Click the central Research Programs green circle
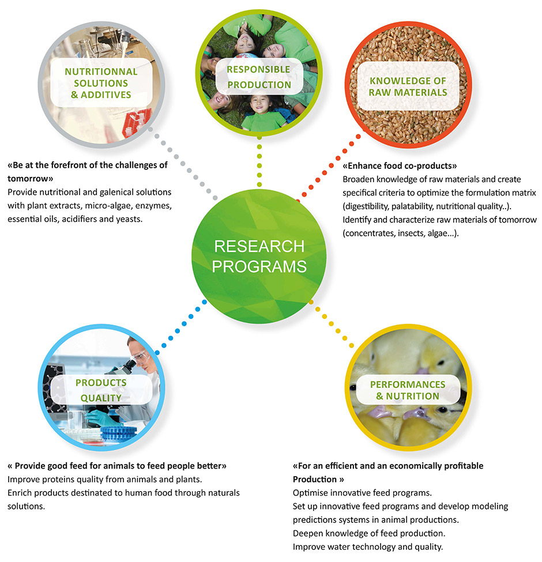pos(259,257)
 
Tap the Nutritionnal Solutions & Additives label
pos(101,83)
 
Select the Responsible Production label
pos(259,77)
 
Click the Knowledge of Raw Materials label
pos(408,86)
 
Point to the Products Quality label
pos(101,390)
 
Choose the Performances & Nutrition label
pos(408,390)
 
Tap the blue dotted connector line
pos(180,327)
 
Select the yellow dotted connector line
pos(331,323)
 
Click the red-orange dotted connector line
pos(328,168)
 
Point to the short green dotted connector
pos(259,161)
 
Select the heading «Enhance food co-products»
pos(400,165)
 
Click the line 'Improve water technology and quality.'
pos(368,547)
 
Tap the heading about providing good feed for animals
pos(117,466)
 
